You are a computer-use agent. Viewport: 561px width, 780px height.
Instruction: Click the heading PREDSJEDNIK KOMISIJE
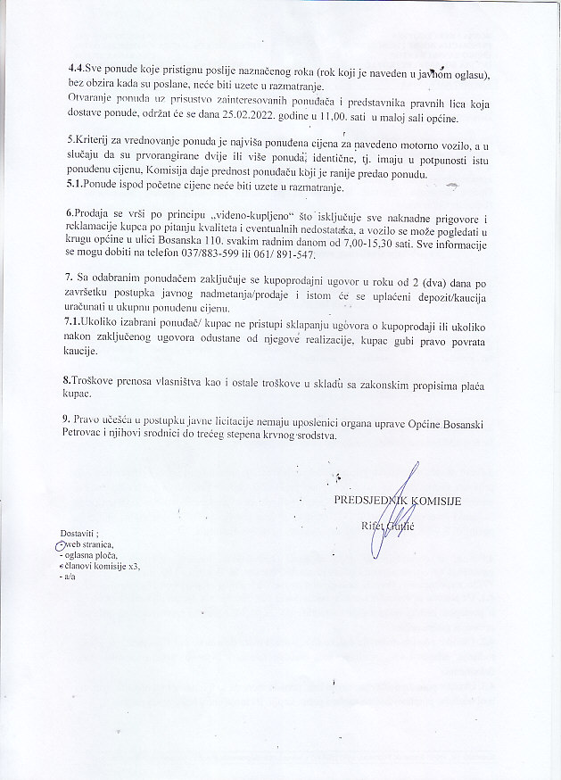(397, 500)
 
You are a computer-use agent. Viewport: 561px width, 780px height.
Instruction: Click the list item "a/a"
(69, 577)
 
